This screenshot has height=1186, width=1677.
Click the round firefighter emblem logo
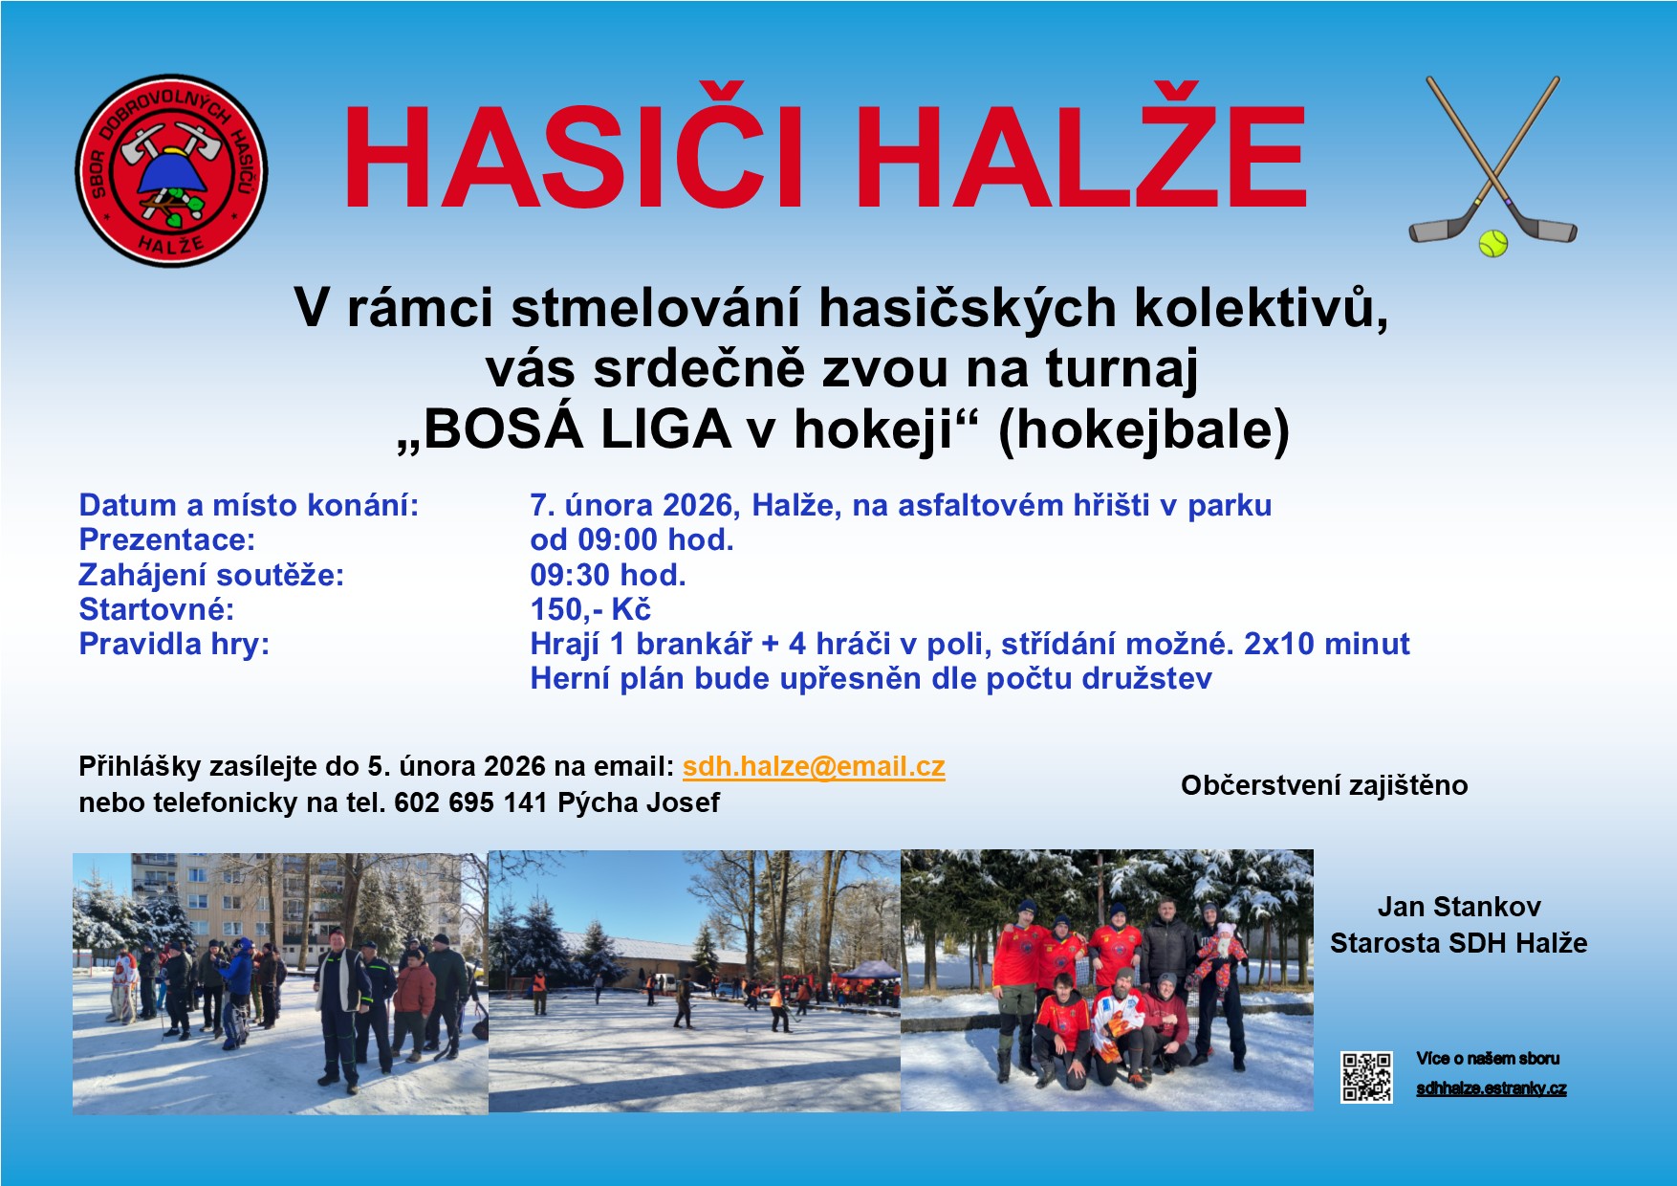[171, 170]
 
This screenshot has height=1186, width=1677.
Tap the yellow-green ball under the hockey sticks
[1492, 243]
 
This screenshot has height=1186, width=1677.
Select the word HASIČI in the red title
[573, 158]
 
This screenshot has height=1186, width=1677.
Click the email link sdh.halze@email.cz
[814, 766]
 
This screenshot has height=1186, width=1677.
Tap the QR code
[1365, 1078]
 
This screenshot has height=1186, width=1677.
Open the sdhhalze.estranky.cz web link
[1491, 1088]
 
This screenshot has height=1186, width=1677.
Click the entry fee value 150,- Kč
[590, 609]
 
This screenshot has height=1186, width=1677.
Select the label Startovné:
[156, 609]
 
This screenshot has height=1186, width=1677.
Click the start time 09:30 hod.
[608, 575]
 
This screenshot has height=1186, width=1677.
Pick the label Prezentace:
[166, 539]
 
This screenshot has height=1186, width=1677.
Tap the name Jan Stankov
[1458, 906]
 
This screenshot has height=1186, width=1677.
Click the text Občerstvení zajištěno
[1323, 785]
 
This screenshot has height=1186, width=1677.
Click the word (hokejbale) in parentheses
[1143, 429]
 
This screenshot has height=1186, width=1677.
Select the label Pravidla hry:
[174, 644]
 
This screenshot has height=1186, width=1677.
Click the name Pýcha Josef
[638, 802]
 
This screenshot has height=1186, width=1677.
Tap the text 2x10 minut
[1326, 644]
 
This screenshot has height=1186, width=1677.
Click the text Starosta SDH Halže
[1458, 943]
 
